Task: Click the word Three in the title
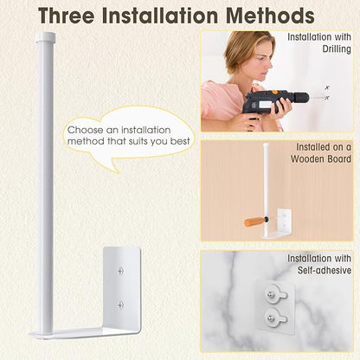coord(67,16)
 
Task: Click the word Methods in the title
coord(271,16)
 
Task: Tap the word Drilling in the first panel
coord(337,49)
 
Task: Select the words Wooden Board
coord(321,159)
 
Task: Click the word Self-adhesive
coord(325,270)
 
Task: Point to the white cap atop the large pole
coord(46,37)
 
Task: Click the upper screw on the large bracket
coord(121,271)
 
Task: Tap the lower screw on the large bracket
coord(121,305)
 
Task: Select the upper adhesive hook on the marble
coord(276,294)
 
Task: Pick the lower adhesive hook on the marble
coord(276,318)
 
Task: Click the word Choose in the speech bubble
coord(86,130)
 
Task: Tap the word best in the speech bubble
coord(180,141)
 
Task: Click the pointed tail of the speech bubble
coord(119,173)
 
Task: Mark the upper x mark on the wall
coord(327,87)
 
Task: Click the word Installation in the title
coord(160,16)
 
